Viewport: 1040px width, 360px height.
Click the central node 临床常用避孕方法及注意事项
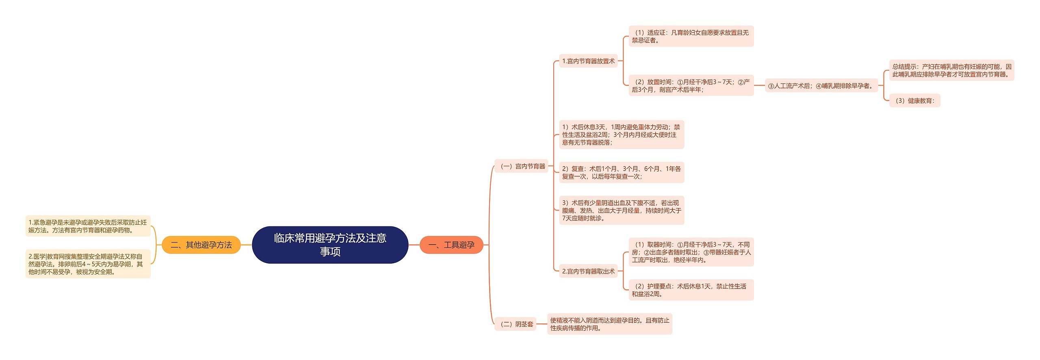pyautogui.click(x=330, y=245)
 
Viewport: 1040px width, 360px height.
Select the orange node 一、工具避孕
pyautogui.click(x=451, y=245)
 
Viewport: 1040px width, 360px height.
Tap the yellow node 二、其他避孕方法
pyautogui.click(x=201, y=245)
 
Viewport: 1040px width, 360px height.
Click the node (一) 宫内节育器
pyautogui.click(x=522, y=166)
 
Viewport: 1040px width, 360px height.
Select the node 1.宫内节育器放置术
pyautogui.click(x=588, y=61)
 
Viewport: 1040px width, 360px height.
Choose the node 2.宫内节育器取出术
pyautogui.click(x=588, y=271)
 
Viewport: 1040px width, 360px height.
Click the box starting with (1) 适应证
pyautogui.click(x=691, y=36)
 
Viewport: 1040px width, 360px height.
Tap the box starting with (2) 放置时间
pyautogui.click(x=691, y=85)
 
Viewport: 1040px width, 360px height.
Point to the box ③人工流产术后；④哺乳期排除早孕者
pyautogui.click(x=821, y=86)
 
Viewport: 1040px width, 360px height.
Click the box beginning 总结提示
pyautogui.click(x=951, y=70)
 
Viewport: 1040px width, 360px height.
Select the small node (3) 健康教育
pyautogui.click(x=914, y=100)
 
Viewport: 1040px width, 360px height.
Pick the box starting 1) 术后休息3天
pyautogui.click(x=621, y=134)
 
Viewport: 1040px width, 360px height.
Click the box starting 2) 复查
pyautogui.click(x=621, y=172)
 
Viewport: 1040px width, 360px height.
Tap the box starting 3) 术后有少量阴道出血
pyautogui.click(x=621, y=210)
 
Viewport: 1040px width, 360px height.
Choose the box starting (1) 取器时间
pyautogui.click(x=691, y=252)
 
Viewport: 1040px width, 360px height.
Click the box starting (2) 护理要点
pyautogui.click(x=691, y=290)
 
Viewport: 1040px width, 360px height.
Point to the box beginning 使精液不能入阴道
pyautogui.click(x=609, y=324)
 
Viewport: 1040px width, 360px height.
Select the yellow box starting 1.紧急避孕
pyautogui.click(x=88, y=226)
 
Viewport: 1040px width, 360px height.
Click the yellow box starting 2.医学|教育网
pyautogui.click(x=88, y=264)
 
